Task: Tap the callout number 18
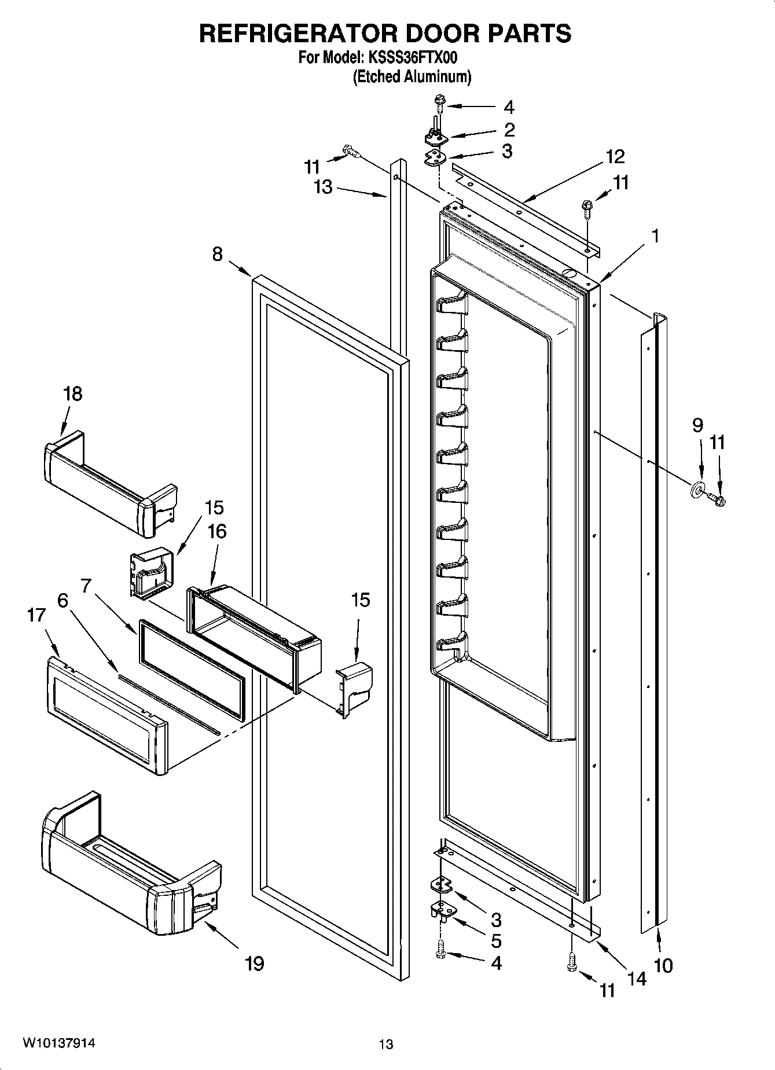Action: (x=72, y=394)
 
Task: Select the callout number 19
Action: (x=254, y=964)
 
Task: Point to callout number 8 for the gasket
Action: (x=217, y=254)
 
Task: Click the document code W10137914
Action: (x=59, y=1043)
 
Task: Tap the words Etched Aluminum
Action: (x=412, y=76)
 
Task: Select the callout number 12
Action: (x=615, y=156)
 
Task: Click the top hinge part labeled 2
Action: (x=436, y=138)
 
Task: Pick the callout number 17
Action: (x=36, y=615)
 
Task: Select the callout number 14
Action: (x=636, y=977)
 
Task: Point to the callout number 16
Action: (x=217, y=531)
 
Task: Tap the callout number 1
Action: (x=655, y=236)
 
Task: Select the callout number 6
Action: (x=62, y=601)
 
